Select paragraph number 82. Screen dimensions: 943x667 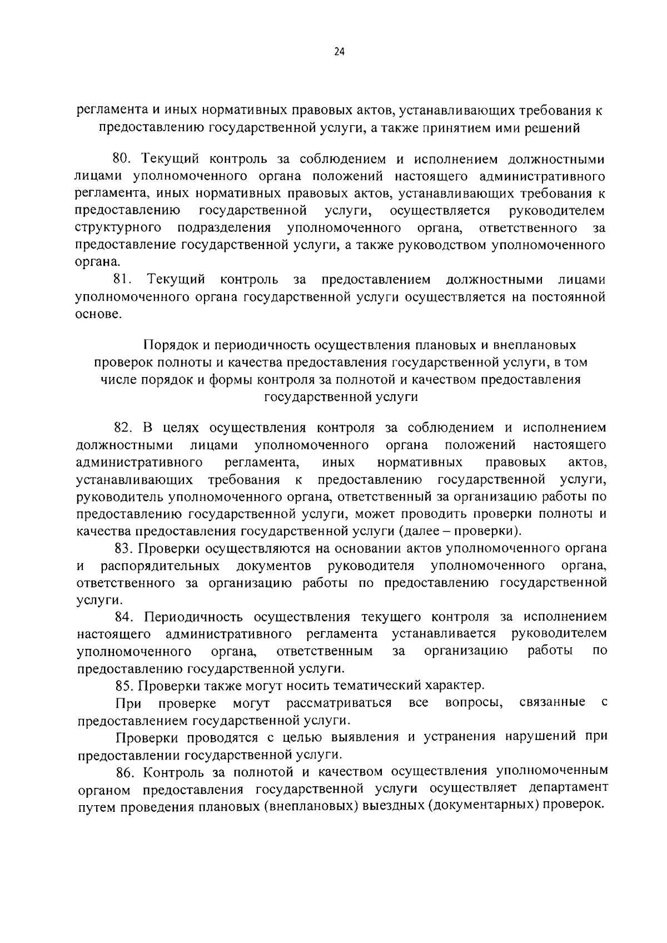click(x=121, y=428)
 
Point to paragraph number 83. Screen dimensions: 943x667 click(x=122, y=548)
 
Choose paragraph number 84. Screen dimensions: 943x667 click(x=122, y=617)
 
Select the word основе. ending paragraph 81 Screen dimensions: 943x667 click(x=97, y=314)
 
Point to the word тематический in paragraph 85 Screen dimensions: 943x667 click(x=381, y=685)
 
